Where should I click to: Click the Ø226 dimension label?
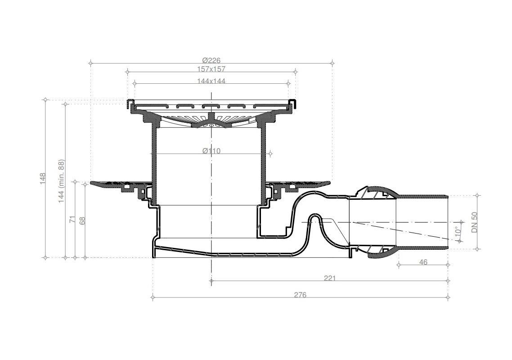coord(211,60)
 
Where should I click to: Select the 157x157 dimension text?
coord(211,69)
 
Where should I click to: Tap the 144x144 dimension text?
coord(211,81)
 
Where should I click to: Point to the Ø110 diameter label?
coord(211,151)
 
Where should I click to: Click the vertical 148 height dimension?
coord(43,178)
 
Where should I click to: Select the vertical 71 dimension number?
coord(73,219)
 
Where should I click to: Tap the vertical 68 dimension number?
coord(83,220)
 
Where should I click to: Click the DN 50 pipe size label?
coord(475,222)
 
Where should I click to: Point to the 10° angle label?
coord(458,232)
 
